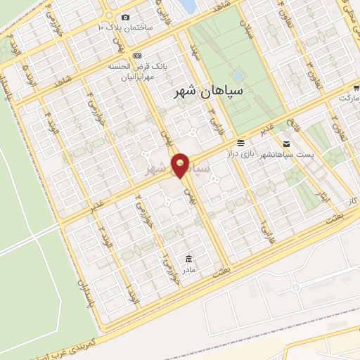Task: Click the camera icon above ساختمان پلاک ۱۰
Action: coord(125,17)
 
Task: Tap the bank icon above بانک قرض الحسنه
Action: coord(137,56)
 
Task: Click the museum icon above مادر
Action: coord(188,257)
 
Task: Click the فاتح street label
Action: coord(297,127)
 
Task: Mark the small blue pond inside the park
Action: coord(238,73)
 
